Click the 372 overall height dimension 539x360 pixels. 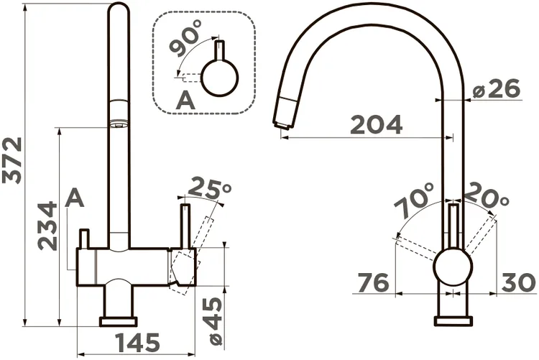click(12, 160)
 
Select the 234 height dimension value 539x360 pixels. click(47, 226)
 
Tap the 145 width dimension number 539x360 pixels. click(137, 343)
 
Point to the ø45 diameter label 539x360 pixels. click(216, 320)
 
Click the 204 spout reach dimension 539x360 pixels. click(376, 124)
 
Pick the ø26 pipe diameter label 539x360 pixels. click(497, 88)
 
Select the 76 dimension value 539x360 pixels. click(373, 282)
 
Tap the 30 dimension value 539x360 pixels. click(518, 282)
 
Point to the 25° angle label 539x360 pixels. click(210, 188)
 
